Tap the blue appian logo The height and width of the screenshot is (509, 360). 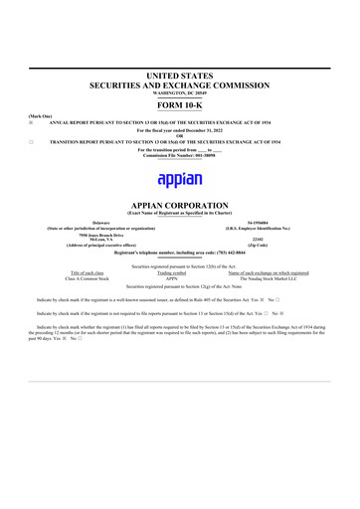pos(180,180)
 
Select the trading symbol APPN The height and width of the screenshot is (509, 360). pos(179,279)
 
